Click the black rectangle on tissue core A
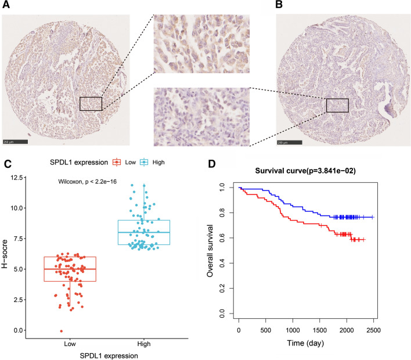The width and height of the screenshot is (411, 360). (91, 103)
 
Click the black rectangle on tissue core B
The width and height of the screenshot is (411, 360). (337, 105)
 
